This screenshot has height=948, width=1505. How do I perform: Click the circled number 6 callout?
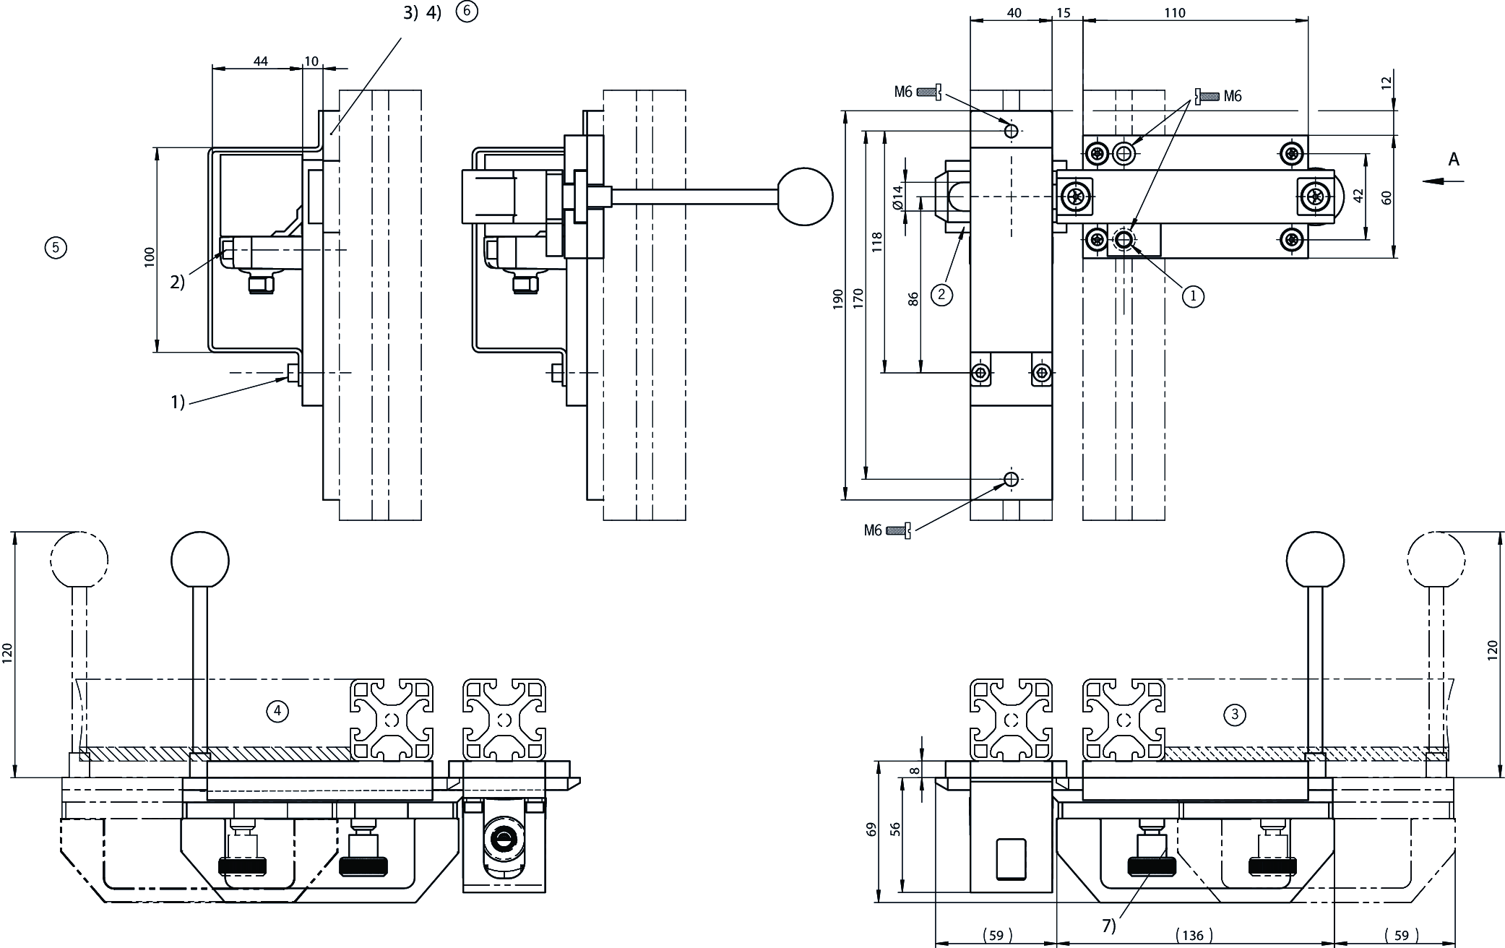click(467, 12)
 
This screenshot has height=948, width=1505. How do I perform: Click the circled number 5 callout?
click(56, 248)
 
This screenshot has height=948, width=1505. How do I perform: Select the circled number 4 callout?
click(277, 711)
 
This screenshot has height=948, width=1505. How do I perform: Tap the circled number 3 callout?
click(1234, 715)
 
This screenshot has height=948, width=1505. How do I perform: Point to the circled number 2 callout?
click(941, 294)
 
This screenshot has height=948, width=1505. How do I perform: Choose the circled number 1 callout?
click(1193, 296)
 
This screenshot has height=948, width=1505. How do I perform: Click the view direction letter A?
click(1454, 160)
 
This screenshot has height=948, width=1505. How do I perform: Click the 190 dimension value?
click(838, 299)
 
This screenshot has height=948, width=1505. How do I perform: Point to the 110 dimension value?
click(1195, 12)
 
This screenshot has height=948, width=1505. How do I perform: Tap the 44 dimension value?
click(260, 61)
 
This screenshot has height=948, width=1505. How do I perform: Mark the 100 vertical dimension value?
click(150, 257)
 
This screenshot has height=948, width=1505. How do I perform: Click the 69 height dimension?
click(871, 829)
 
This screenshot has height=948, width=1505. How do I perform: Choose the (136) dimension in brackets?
click(1193, 935)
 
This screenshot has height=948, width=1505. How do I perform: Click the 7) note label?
click(1108, 926)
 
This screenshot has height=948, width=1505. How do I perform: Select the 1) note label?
click(178, 402)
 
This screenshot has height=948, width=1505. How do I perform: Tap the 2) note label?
click(178, 283)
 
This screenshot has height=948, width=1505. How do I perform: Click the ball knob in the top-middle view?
click(805, 197)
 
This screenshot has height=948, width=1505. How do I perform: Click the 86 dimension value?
click(913, 299)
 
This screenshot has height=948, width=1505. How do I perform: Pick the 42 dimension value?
click(1358, 196)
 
